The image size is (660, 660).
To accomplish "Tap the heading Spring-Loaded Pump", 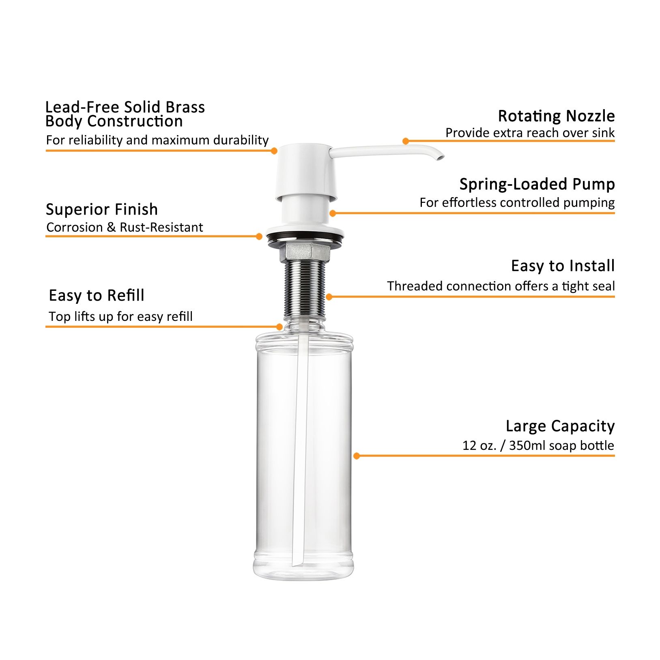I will [537, 184].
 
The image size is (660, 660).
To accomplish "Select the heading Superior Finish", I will [101, 209].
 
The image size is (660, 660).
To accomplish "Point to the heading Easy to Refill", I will [96, 295].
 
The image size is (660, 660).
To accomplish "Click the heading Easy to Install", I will [563, 266].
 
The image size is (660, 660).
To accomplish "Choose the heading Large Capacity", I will [560, 426].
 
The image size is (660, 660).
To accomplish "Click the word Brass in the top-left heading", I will [185, 107].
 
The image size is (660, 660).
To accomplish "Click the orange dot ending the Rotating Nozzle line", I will [406, 141].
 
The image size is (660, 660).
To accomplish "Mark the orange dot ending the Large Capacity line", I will [357, 456].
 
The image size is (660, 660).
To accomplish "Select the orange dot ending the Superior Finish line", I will [259, 236].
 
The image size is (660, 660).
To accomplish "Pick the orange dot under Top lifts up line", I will [279, 327].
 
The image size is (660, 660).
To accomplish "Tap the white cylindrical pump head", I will [306, 170].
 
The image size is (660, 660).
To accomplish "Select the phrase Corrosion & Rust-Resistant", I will [124, 227].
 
